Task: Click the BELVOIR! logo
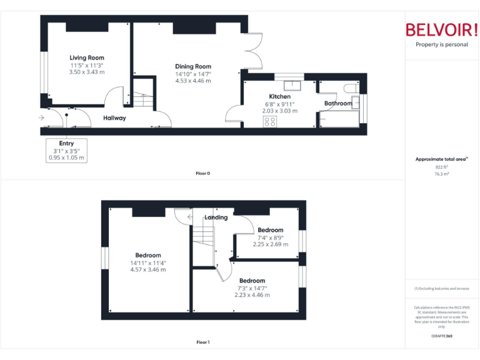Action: tap(442, 30)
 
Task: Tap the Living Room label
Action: tap(87, 57)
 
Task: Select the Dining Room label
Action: tap(193, 66)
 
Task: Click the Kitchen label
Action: tap(279, 97)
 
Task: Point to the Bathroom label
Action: tap(338, 103)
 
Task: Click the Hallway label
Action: tap(114, 117)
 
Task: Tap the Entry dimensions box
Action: tap(66, 151)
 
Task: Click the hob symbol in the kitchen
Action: tap(270, 121)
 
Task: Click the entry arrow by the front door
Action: tap(41, 117)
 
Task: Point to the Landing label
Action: tap(216, 217)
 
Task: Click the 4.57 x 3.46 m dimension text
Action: tap(148, 270)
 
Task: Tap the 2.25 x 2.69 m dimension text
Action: tap(271, 244)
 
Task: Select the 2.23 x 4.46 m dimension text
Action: tap(252, 295)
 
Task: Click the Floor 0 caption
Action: tap(202, 173)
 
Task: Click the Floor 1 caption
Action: tap(202, 342)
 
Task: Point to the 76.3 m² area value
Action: tap(442, 174)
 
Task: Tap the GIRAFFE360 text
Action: tap(442, 337)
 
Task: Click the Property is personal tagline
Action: tap(442, 44)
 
